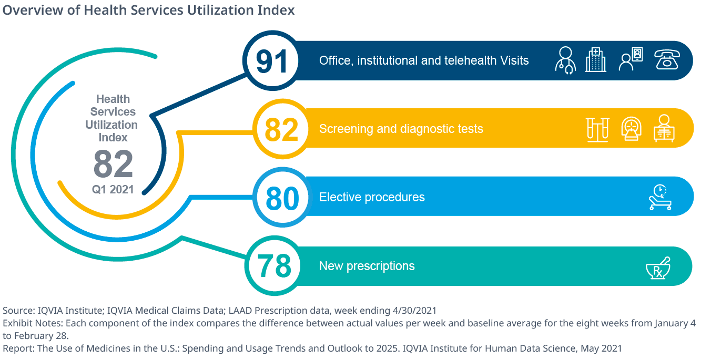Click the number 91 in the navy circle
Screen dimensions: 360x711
click(x=272, y=61)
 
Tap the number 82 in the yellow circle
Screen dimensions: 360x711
click(x=282, y=130)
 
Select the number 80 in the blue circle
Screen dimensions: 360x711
click(x=282, y=198)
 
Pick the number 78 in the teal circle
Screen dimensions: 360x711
click(x=274, y=266)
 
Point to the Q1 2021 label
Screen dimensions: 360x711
click(x=113, y=190)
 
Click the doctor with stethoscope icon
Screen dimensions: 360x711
click(x=565, y=60)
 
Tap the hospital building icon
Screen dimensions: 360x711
click(x=596, y=60)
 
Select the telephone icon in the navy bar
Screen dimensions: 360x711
click(x=666, y=60)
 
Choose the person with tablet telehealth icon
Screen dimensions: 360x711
click(x=631, y=59)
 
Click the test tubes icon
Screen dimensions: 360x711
click(x=598, y=129)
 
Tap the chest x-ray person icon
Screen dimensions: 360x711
click(x=664, y=129)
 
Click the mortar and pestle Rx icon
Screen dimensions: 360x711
click(x=659, y=268)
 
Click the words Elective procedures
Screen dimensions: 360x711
click(x=372, y=198)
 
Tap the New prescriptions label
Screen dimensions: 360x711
click(x=367, y=266)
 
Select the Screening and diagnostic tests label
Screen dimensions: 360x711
click(x=401, y=129)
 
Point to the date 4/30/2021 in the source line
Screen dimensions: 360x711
click(x=412, y=310)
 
